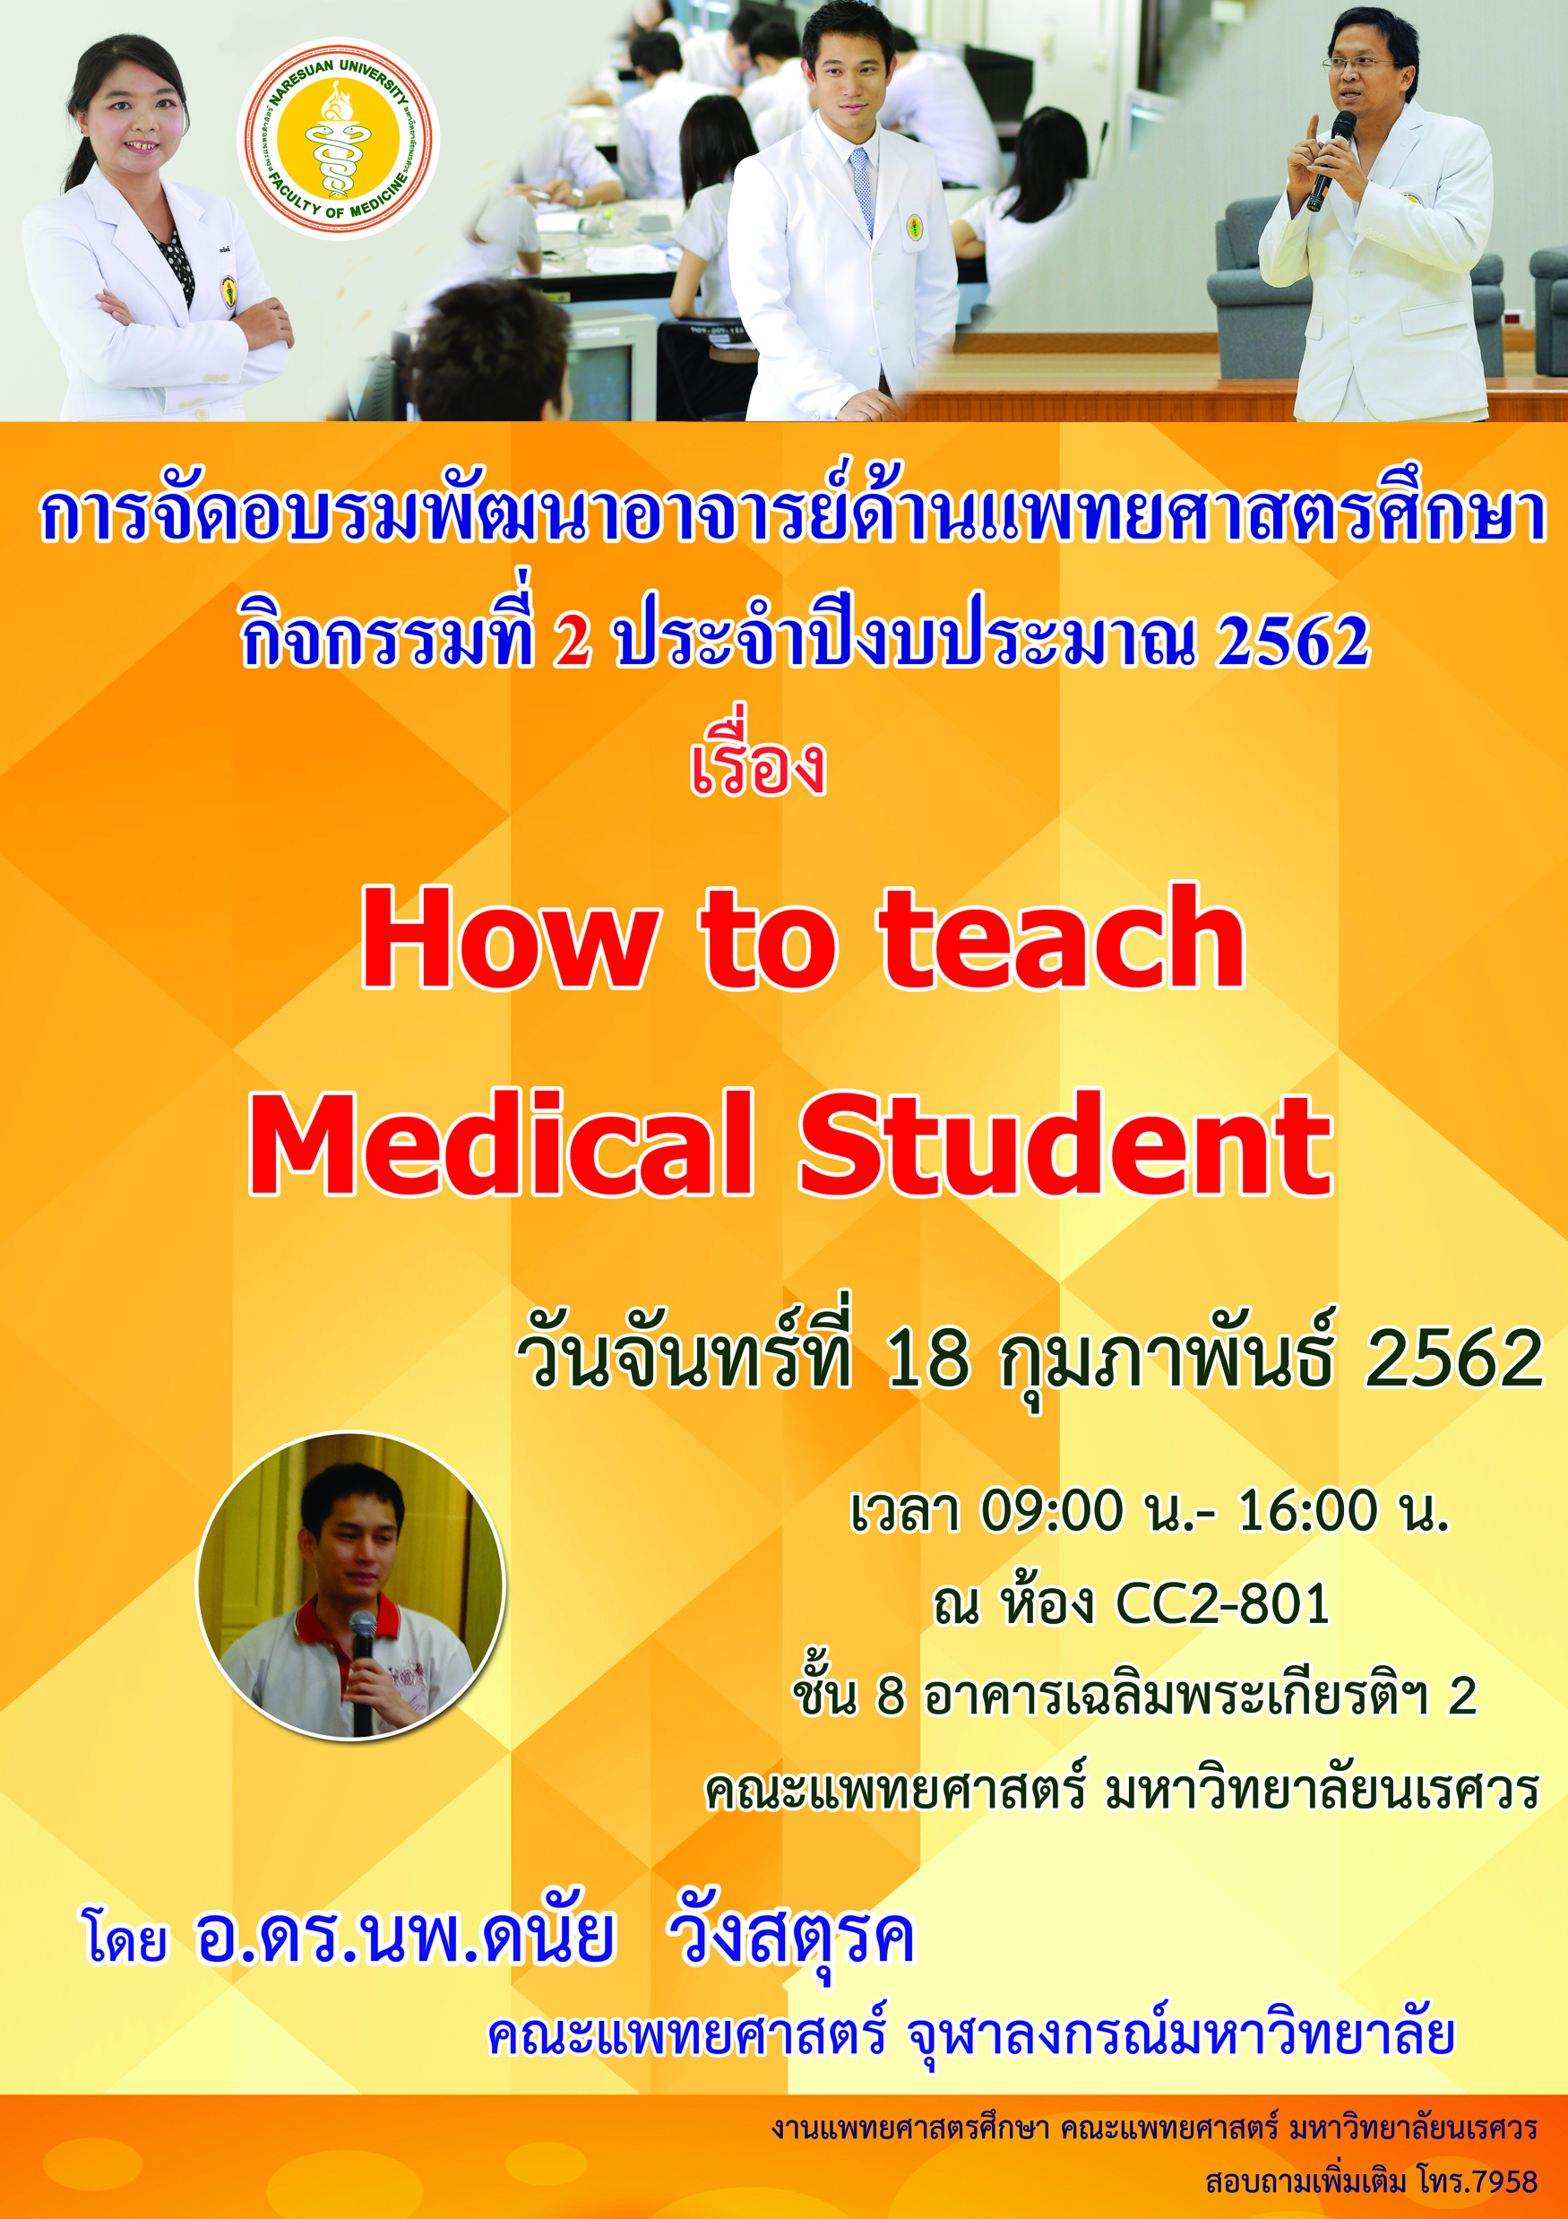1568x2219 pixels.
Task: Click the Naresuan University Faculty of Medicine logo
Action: [x=338, y=138]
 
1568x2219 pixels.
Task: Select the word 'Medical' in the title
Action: [x=501, y=1144]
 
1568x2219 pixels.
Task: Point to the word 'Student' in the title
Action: [x=1065, y=1144]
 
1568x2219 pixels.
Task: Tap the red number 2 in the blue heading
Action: [x=572, y=641]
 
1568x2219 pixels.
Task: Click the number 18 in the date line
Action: [x=927, y=1357]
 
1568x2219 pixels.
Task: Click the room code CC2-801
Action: [x=1223, y=1603]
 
